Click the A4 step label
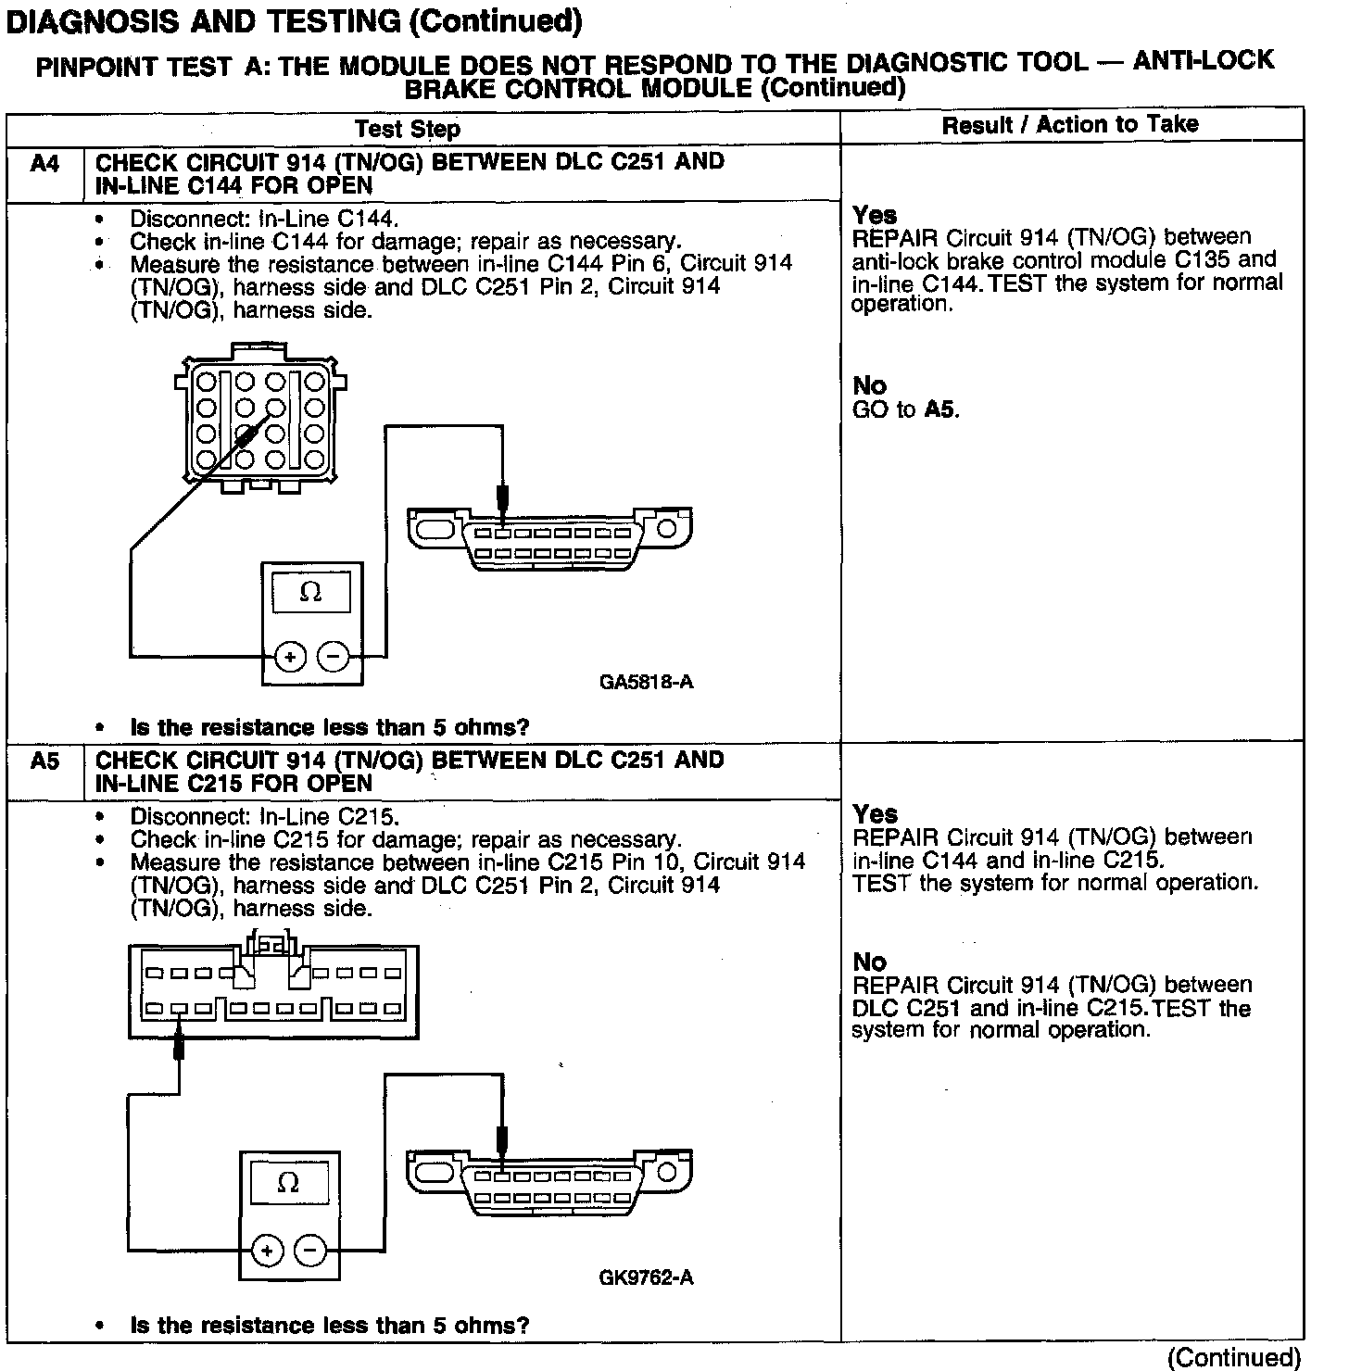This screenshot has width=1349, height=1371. pos(44,164)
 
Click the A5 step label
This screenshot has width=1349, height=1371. pos(44,761)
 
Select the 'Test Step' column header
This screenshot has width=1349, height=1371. pos(408,129)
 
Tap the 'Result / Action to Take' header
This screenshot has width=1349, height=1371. pos(1070,125)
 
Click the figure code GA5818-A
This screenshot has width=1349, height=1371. pos(646,683)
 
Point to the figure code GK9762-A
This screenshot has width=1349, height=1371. pos(646,1278)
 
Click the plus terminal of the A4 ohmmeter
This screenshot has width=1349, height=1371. pos(289,657)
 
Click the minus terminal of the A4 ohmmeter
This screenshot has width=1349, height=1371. pos(334,657)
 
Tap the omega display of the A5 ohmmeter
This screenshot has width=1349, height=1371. pos(288,1183)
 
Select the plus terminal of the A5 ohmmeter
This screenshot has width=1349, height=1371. pos(267,1252)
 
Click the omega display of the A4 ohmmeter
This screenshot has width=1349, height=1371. pos(311,592)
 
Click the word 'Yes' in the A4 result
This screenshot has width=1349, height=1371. pos(875,215)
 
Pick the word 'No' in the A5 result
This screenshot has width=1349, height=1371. pos(869,962)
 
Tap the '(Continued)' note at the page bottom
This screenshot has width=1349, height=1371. pos(1234,1357)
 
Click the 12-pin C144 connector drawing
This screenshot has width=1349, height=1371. pos(260,419)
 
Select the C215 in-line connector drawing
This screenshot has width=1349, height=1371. pos(272,990)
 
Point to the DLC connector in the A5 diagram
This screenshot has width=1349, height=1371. pos(550,1185)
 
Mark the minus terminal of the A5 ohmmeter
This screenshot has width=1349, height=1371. pos(310,1252)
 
